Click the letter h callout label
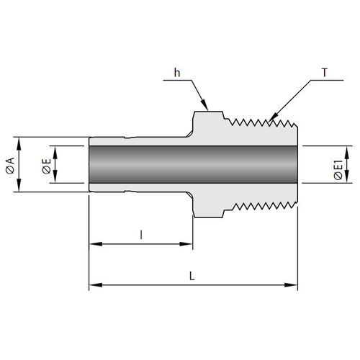[177, 73]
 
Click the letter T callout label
[325, 73]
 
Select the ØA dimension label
[10, 166]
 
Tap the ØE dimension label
[47, 166]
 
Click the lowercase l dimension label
[141, 235]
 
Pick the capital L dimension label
[192, 276]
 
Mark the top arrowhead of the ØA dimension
[19, 143]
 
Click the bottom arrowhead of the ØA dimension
[19, 186]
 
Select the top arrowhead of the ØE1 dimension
[346, 152]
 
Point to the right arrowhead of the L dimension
[291, 285]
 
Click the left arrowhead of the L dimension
[96, 285]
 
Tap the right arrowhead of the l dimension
[186, 244]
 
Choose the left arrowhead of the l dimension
[96, 244]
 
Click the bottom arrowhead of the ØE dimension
[55, 177]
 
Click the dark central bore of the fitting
[193, 164]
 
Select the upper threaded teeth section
[261, 122]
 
